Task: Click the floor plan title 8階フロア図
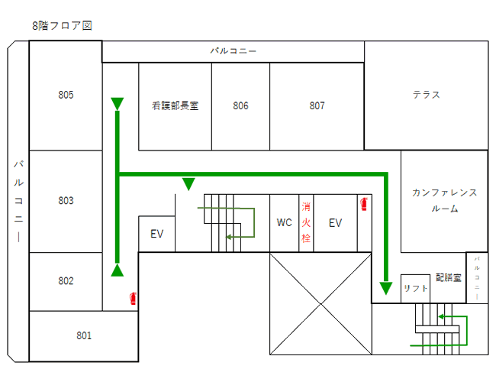(62, 25)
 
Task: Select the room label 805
(66, 95)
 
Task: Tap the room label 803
(66, 201)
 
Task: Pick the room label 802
(66, 281)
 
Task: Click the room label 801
(84, 335)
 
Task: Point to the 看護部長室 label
(175, 106)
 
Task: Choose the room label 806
(241, 106)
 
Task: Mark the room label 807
(317, 106)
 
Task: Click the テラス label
(426, 95)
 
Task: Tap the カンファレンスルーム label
(444, 200)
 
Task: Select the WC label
(285, 223)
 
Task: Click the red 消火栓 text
(306, 222)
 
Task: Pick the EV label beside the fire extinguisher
(335, 223)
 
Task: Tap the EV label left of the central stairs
(157, 235)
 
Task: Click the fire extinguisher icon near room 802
(134, 298)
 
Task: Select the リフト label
(416, 288)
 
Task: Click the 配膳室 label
(449, 277)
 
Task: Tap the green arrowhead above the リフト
(386, 288)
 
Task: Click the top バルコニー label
(234, 51)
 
